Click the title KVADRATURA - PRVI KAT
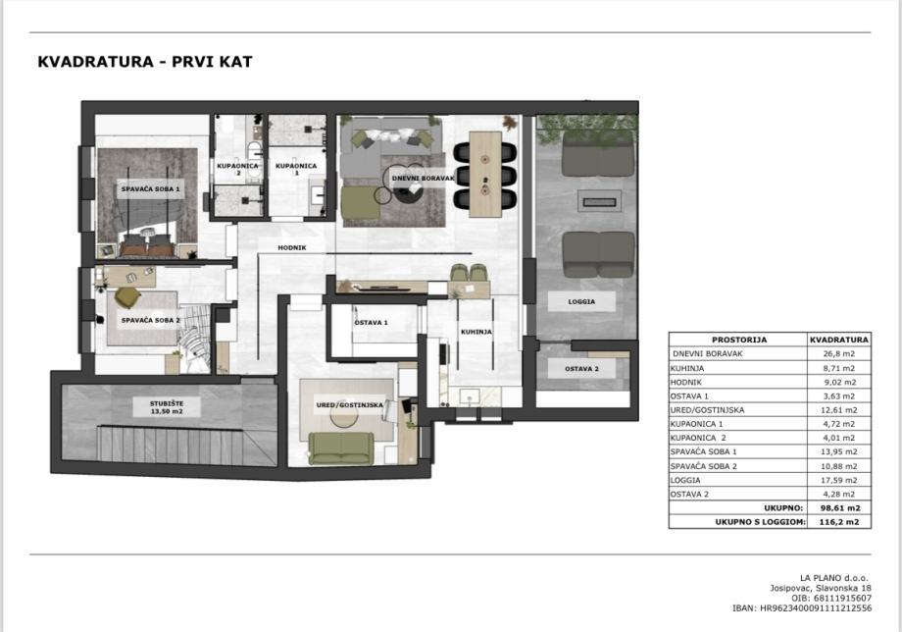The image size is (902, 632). click(145, 62)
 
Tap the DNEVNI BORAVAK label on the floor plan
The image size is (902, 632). click(423, 179)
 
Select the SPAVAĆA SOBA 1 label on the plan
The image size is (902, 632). click(150, 188)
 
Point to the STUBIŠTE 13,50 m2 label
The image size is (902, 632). click(167, 407)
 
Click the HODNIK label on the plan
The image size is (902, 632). click(291, 247)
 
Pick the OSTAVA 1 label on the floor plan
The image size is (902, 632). click(371, 323)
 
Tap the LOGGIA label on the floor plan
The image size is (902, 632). click(581, 301)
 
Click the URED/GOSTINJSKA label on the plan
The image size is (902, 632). click(349, 405)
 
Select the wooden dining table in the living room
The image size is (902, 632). click(485, 175)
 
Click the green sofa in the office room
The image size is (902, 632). click(340, 448)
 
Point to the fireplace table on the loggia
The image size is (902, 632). click(600, 201)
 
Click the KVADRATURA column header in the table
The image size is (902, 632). click(838, 340)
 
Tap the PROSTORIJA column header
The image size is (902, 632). click(739, 340)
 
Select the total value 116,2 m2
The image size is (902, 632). click(838, 522)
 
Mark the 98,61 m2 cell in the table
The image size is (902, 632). click(838, 508)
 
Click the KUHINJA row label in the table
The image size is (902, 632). click(687, 368)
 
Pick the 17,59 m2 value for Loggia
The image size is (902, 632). click(838, 480)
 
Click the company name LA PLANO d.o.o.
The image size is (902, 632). click(834, 578)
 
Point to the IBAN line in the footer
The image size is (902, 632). click(802, 607)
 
